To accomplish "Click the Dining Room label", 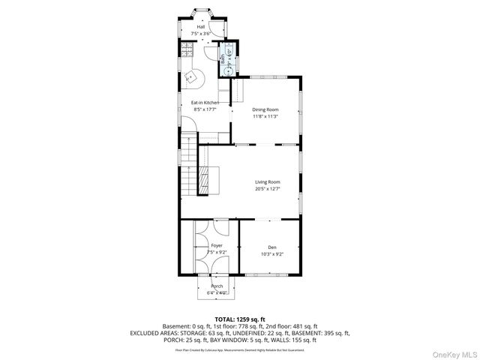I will tap(265, 110).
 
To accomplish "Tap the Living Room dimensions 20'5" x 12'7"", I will tap(267, 188).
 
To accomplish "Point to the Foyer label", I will tap(216, 245).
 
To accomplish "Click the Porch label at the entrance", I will tap(217, 286).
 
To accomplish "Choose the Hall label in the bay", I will tap(201, 27).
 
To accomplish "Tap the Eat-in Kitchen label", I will tap(204, 102).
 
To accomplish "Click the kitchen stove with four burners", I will tap(185, 50).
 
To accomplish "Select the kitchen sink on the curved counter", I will tap(191, 76).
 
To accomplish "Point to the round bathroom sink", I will tap(223, 63).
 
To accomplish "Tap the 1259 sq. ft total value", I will tap(253, 319).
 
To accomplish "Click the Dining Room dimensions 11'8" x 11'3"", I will tap(265, 117).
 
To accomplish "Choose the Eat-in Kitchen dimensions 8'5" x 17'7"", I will tap(204, 109).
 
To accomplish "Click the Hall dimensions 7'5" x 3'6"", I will tap(201, 34).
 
